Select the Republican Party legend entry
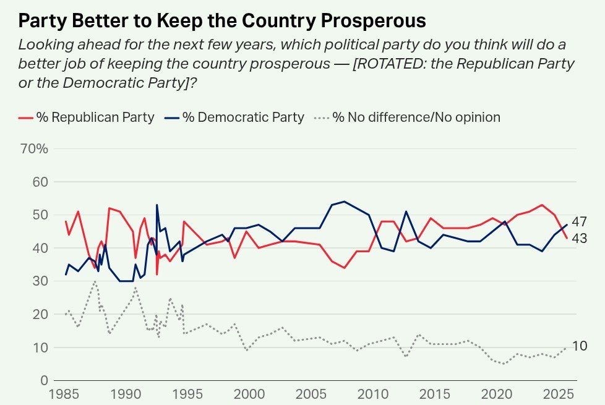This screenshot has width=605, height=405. click(x=87, y=117)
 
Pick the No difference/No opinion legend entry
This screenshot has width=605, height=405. click(x=408, y=117)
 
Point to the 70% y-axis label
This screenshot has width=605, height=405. click(x=34, y=148)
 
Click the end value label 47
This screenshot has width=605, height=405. click(x=580, y=222)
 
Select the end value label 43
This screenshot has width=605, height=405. click(x=580, y=239)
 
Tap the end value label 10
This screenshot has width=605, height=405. click(x=580, y=346)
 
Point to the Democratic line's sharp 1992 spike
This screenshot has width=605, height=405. click(x=157, y=205)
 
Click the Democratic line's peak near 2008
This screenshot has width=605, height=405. click(x=344, y=201)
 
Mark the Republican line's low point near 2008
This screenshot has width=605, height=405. click(x=344, y=268)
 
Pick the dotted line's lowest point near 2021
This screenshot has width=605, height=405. click(x=504, y=364)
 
